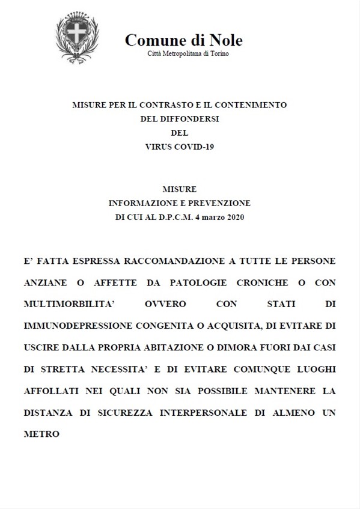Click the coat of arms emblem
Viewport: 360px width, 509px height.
77,38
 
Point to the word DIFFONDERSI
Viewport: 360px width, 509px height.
180,119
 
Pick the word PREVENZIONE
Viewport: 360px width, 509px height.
217,203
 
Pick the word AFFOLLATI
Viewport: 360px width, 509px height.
52,390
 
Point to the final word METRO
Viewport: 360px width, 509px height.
42,433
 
